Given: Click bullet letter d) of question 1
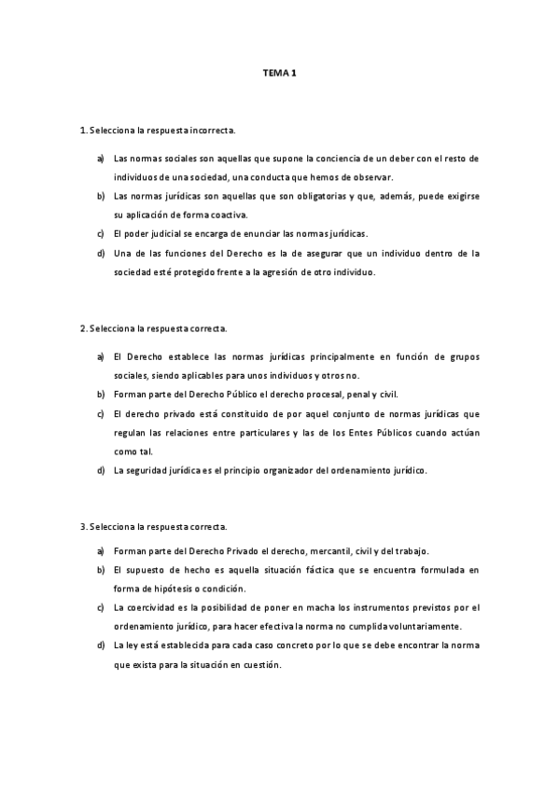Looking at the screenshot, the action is [100, 253].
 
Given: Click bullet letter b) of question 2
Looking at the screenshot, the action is [100, 395].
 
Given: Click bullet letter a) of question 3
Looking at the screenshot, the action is [100, 550].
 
